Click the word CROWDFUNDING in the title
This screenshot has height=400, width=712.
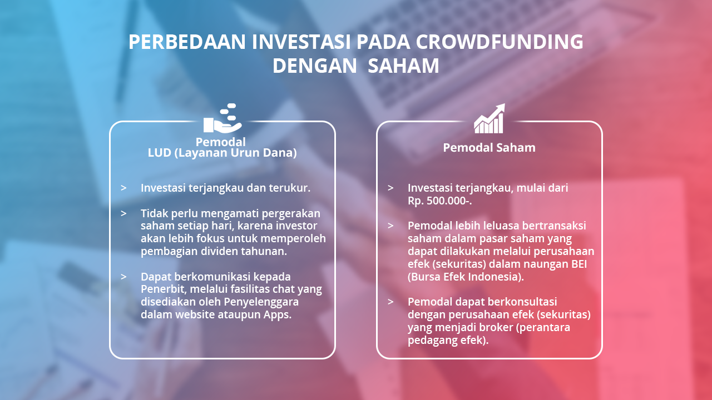click(x=500, y=42)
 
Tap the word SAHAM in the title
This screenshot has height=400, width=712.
click(x=403, y=66)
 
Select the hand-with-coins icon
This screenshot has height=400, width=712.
click(x=222, y=118)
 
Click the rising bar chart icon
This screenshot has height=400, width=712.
click(x=489, y=118)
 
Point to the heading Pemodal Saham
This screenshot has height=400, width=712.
click(x=489, y=148)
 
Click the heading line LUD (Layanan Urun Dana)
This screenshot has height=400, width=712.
click(x=222, y=153)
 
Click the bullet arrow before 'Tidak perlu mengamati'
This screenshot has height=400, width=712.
click(x=123, y=213)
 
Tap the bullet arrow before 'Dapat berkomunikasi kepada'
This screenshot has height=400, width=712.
click(x=123, y=277)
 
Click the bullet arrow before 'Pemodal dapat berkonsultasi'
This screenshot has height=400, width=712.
click(x=390, y=302)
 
